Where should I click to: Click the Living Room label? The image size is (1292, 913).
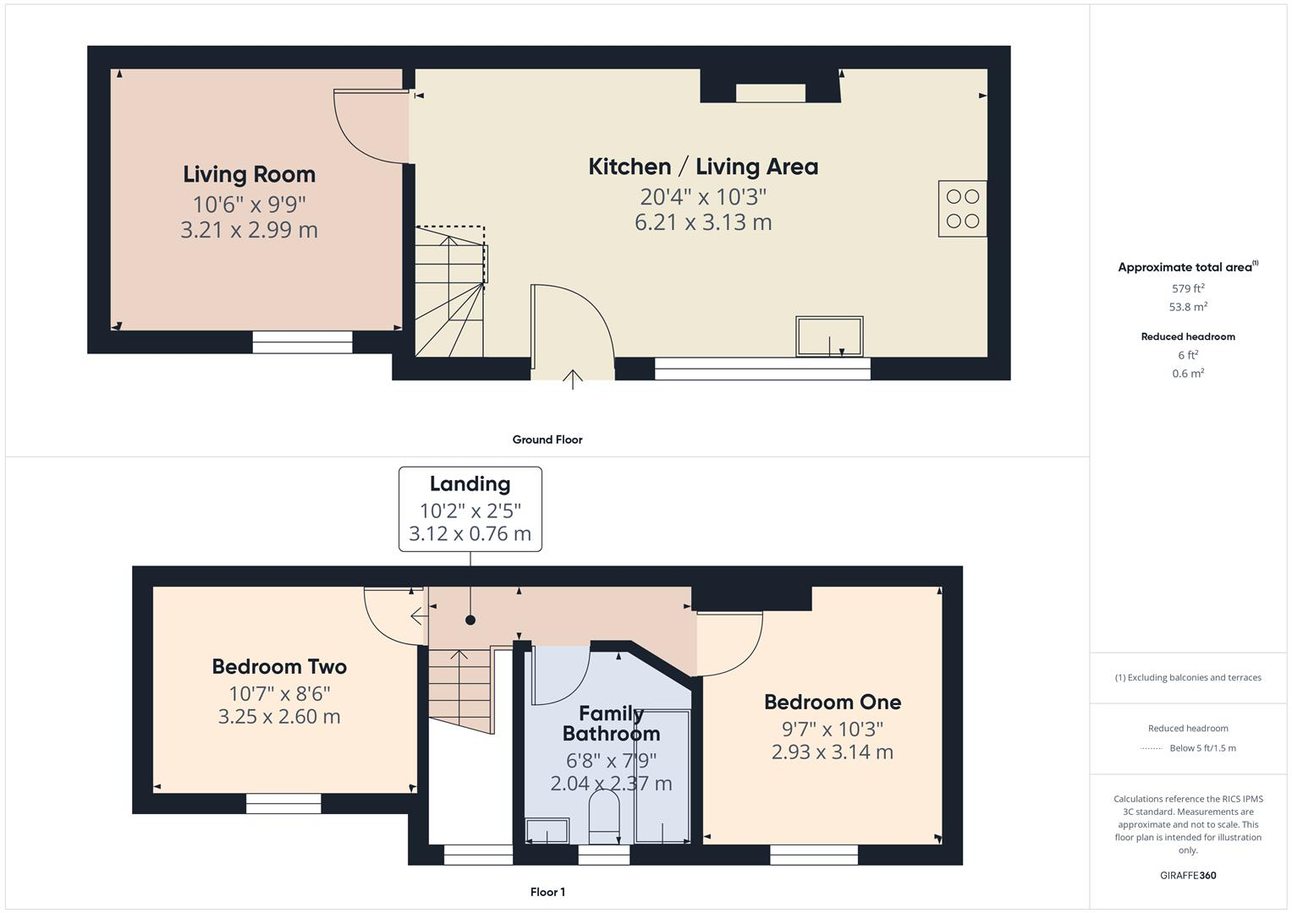249,175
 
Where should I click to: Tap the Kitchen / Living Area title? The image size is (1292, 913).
703,167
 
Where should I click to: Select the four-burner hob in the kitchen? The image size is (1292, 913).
962,209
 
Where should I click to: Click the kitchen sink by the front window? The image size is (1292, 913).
828,336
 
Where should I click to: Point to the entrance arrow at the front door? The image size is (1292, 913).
573,379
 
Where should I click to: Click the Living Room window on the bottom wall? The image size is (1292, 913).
302,342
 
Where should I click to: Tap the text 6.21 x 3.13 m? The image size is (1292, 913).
703,222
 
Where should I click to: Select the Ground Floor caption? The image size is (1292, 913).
547,440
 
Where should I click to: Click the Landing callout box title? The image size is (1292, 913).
470,484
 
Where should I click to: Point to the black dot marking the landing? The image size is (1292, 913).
470,621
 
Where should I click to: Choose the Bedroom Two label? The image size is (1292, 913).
279,667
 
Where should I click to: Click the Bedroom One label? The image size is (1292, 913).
833,703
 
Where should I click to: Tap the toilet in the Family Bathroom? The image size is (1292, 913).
604,817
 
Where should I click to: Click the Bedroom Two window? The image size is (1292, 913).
283,803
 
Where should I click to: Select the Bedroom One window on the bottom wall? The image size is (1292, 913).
814,855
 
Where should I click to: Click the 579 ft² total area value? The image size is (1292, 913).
1188,288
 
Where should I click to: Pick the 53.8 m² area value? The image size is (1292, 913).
1188,307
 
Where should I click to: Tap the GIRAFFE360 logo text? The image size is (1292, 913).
1188,876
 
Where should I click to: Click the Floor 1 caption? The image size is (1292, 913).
547,892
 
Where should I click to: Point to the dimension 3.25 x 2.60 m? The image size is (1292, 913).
279,717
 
